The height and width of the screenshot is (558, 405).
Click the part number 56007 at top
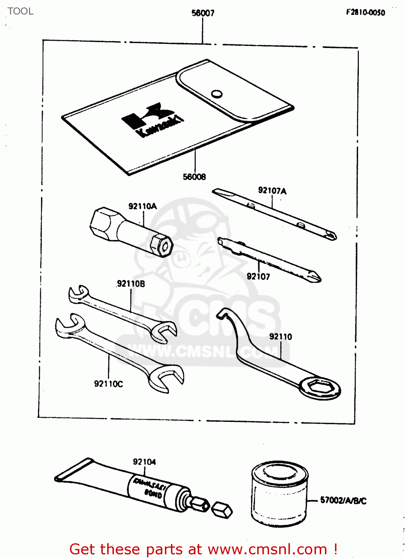[203, 13]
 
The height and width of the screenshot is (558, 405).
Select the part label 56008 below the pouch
[194, 177]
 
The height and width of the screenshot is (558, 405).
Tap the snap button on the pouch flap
[217, 94]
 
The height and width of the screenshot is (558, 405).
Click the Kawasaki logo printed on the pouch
[153, 120]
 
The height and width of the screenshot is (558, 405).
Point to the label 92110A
[143, 206]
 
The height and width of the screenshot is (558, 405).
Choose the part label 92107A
[272, 191]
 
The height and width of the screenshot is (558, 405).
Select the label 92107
[258, 276]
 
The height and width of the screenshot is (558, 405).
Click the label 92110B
[131, 284]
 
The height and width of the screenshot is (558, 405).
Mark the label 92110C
[108, 384]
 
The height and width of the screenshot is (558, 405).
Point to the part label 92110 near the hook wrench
[281, 337]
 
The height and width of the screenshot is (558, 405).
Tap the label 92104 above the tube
[144, 462]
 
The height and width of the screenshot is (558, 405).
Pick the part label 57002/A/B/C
[343, 501]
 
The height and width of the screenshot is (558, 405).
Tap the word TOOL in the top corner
[20, 11]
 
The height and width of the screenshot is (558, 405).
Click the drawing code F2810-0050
[366, 12]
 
